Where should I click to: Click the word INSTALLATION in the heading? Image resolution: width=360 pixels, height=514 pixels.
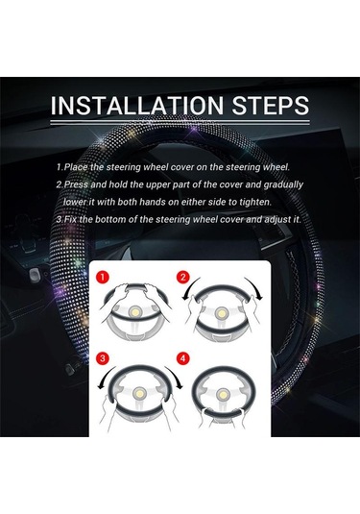136,106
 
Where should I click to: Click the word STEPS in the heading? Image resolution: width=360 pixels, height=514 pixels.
271,106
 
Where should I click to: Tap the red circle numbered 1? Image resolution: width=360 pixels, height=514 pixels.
103,278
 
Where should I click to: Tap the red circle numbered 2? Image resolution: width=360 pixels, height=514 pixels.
182,278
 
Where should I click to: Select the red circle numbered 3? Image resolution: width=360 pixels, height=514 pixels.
103,358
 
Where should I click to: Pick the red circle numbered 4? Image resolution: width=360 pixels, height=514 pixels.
182,358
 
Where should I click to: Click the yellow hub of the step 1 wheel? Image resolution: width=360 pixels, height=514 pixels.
135,312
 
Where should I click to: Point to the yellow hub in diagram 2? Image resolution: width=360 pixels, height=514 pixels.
222,314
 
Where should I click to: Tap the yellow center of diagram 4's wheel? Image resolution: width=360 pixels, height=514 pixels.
223,394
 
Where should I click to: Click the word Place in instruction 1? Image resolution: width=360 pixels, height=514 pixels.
76,167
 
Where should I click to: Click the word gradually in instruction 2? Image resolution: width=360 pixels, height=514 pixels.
283,185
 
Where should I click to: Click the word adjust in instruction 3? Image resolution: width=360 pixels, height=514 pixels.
277,220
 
